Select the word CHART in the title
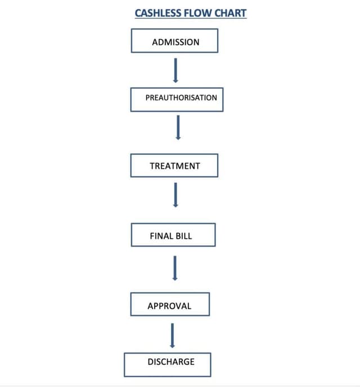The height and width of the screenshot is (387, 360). pyautogui.click(x=229, y=12)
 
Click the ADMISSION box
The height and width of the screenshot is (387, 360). pyautogui.click(x=174, y=41)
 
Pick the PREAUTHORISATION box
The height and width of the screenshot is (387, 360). pyautogui.click(x=177, y=99)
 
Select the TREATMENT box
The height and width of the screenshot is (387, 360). pyautogui.click(x=174, y=165)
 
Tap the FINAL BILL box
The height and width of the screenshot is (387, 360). pyautogui.click(x=173, y=235)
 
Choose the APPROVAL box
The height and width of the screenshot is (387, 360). pyautogui.click(x=170, y=304)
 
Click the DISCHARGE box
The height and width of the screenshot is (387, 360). pyautogui.click(x=168, y=364)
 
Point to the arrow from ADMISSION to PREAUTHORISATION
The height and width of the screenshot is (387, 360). pyautogui.click(x=175, y=70)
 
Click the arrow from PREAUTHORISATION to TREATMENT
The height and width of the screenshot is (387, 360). pyautogui.click(x=178, y=127)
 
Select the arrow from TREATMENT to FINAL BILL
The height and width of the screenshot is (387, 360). pyautogui.click(x=175, y=195)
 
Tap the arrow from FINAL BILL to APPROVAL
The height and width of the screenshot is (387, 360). pyautogui.click(x=175, y=268)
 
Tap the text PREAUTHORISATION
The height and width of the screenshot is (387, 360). pyautogui.click(x=181, y=97)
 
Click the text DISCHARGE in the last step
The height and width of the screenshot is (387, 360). pyautogui.click(x=171, y=362)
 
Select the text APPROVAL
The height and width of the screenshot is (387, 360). pyautogui.click(x=169, y=306)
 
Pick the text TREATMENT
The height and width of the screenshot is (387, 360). pyautogui.click(x=175, y=166)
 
